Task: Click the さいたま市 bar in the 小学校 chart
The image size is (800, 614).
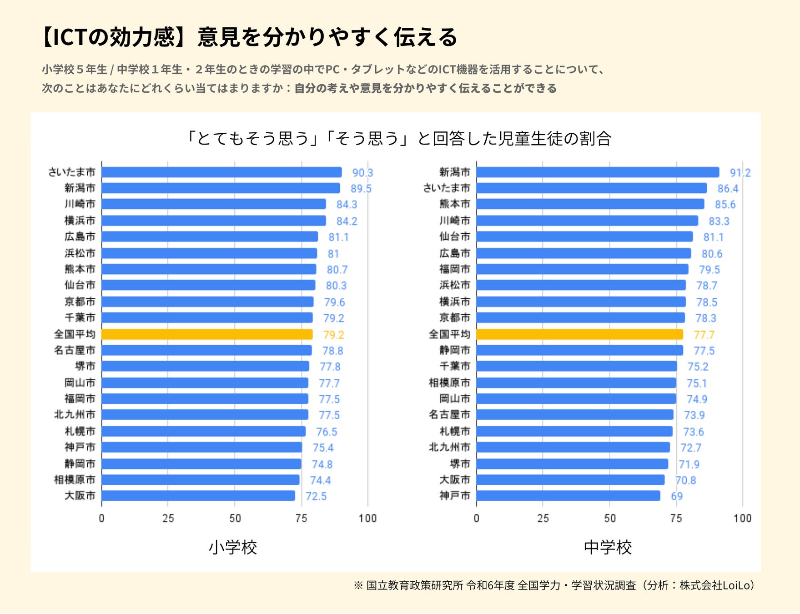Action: pyautogui.click(x=221, y=172)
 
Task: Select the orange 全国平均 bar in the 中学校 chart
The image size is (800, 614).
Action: pyautogui.click(x=579, y=335)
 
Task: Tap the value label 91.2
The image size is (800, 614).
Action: pyautogui.click(x=740, y=173)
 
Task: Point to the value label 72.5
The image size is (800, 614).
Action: pyautogui.click(x=316, y=496)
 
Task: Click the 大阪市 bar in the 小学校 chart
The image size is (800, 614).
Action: pyautogui.click(x=198, y=496)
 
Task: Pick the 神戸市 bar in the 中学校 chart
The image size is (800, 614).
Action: pyautogui.click(x=568, y=496)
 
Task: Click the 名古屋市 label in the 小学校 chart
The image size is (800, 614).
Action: pyautogui.click(x=75, y=350)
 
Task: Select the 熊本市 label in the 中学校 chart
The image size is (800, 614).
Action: pyautogui.click(x=454, y=204)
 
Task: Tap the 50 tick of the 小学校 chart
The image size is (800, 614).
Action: pyautogui.click(x=235, y=518)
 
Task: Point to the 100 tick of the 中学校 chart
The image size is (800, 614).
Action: pyautogui.click(x=742, y=518)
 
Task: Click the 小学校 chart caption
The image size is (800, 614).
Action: pyautogui.click(x=233, y=547)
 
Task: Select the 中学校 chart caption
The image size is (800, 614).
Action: pyautogui.click(x=608, y=547)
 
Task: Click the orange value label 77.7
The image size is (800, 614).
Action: pyautogui.click(x=704, y=335)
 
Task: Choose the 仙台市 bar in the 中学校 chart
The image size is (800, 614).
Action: pyautogui.click(x=584, y=237)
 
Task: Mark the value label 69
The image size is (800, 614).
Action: pyautogui.click(x=677, y=496)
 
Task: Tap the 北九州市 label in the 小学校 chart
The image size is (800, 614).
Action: pyautogui.click(x=75, y=415)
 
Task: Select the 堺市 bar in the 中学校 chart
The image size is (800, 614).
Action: pyautogui.click(x=572, y=464)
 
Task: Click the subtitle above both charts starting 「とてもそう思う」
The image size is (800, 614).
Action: pyautogui.click(x=399, y=138)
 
